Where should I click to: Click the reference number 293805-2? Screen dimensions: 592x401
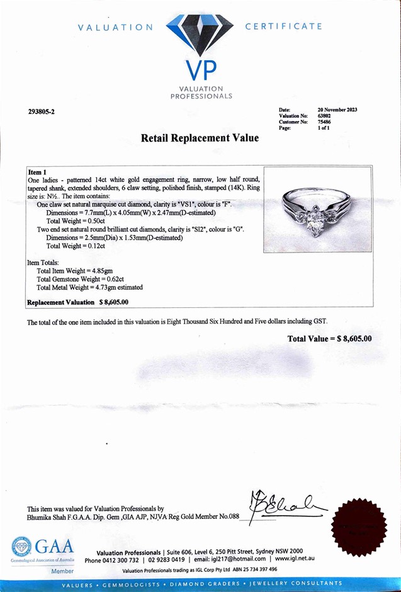tap(42, 111)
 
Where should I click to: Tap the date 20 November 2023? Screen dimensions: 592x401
tap(337, 110)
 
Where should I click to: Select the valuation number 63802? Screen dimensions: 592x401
tap(324, 116)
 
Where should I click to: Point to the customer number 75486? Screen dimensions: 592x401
tap(324, 122)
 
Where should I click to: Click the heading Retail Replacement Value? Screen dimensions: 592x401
tap(200, 138)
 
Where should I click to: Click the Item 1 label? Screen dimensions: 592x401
tap(37, 172)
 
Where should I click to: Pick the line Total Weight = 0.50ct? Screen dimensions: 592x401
tap(76, 221)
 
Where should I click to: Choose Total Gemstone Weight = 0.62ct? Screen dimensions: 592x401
tap(81, 278)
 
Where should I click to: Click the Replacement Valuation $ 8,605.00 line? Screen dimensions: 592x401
tap(77, 302)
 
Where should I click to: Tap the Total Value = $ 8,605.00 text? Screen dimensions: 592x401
tap(329, 339)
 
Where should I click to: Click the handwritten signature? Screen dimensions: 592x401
tap(286, 504)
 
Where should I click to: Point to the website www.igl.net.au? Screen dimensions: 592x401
tap(290, 559)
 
